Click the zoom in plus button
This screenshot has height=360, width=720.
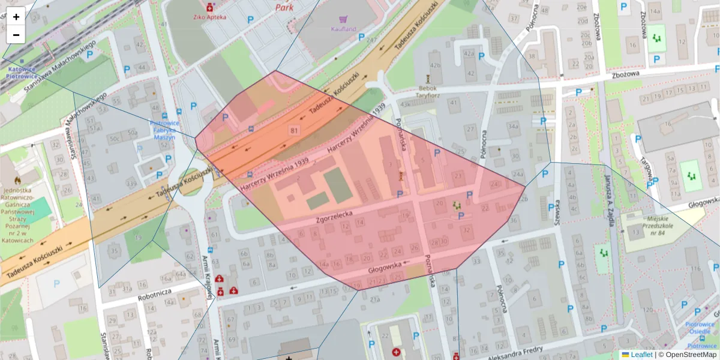[x=16, y=17]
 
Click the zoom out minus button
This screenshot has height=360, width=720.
[x=16, y=35]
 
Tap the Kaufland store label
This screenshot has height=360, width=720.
[x=343, y=29]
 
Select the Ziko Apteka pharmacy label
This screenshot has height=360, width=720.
[x=209, y=17]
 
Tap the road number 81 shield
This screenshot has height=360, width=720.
[x=293, y=130]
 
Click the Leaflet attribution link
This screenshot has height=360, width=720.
[x=641, y=355]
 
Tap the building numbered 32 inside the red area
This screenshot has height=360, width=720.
[x=466, y=230]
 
